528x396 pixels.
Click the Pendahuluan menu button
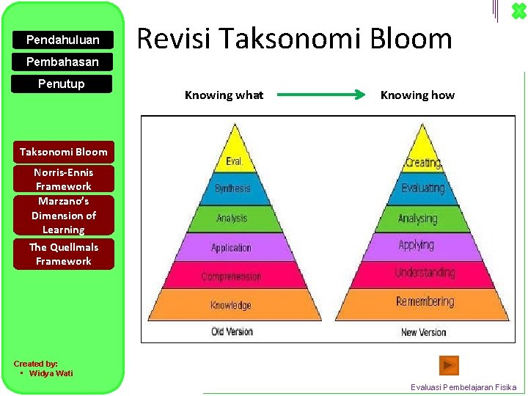tap(62, 39)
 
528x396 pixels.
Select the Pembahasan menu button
tap(62, 62)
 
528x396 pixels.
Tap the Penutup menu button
tap(62, 84)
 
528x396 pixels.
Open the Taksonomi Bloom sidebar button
tap(63, 152)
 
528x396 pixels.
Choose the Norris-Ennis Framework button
tap(63, 180)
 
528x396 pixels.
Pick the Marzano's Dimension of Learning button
tap(63, 216)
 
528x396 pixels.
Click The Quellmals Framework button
tap(63, 254)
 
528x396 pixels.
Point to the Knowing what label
tap(224, 95)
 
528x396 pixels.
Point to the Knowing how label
tap(417, 95)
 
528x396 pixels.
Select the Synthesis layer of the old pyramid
tap(232, 188)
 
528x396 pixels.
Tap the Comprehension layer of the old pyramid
tap(231, 276)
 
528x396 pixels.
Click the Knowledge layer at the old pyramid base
tap(231, 305)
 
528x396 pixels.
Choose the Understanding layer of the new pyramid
tap(425, 273)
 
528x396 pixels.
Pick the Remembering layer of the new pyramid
tap(425, 301)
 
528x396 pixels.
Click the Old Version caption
tap(232, 331)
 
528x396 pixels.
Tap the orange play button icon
tap(449, 364)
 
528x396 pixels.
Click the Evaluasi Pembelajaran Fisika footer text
tap(463, 387)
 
